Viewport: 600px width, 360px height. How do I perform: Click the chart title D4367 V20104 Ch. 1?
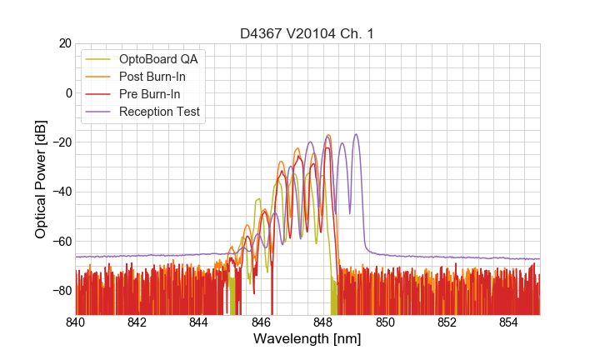tap(307, 33)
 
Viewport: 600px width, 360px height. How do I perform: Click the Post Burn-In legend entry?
tap(152, 77)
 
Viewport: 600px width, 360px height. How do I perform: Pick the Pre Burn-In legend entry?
tap(149, 94)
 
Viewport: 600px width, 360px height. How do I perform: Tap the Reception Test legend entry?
tap(158, 112)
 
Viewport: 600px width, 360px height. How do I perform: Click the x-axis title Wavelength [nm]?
tap(307, 340)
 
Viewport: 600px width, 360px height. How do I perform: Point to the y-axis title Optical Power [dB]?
tap(41, 178)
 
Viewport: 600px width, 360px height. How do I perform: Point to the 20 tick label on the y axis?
tap(64, 43)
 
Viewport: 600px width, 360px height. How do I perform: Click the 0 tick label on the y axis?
tap(67, 92)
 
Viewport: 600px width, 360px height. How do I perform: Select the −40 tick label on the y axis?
tap(60, 192)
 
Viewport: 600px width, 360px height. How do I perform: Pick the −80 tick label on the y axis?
tap(60, 290)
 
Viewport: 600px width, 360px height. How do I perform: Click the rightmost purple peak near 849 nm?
tap(356, 135)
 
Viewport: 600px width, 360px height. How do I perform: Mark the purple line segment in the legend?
tap(99, 112)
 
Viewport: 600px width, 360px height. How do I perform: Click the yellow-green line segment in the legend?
tap(99, 59)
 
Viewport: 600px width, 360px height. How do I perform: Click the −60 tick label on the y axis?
tap(60, 241)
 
